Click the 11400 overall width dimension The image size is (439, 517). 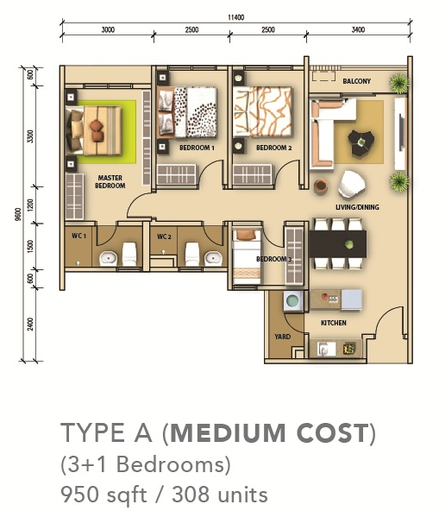coord(236,17)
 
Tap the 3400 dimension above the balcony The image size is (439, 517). coord(358,30)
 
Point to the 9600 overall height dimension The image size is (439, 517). coord(18,214)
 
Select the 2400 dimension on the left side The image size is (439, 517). coord(31,325)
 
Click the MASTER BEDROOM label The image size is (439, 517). coord(110,181)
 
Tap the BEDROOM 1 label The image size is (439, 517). coord(197,148)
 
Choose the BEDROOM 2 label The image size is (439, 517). coord(274,148)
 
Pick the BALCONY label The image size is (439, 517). coord(356,81)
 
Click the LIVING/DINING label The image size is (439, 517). coord(357,207)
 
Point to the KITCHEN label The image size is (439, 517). coord(334,323)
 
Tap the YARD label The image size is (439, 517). coord(282,337)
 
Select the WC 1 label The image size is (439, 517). coord(78,236)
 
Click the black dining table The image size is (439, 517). coord(338,244)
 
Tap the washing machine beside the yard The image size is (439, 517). coord(293,300)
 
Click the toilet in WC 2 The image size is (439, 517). coord(191,254)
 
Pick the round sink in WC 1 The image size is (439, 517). coord(108,259)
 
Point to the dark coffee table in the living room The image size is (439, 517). coord(361,143)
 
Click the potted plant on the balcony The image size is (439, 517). coord(398,83)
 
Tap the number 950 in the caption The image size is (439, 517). coord(79,495)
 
